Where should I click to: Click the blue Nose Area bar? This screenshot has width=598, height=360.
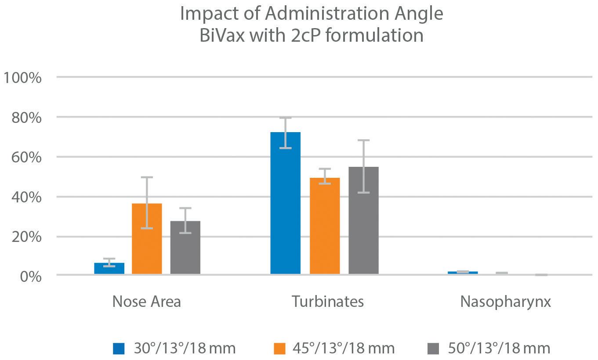pyautogui.click(x=109, y=268)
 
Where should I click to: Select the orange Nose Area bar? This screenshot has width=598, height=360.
pyautogui.click(x=147, y=239)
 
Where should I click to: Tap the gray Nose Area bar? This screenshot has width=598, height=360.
pyautogui.click(x=185, y=248)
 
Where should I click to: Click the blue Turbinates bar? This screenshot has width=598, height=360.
pyautogui.click(x=285, y=203)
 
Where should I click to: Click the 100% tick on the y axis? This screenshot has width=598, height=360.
pyautogui.click(x=22, y=78)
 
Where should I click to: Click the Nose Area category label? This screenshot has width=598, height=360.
pyautogui.click(x=147, y=302)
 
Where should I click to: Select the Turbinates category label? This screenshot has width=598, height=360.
pyautogui.click(x=328, y=302)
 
